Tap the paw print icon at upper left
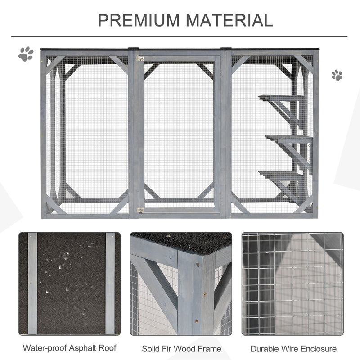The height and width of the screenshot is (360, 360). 26,54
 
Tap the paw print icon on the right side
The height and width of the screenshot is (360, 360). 337,75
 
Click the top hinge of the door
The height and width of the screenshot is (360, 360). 140,58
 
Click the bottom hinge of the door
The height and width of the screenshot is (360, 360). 140,210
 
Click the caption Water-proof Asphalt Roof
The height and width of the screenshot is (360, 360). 69,348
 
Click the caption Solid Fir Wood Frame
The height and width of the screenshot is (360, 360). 181,348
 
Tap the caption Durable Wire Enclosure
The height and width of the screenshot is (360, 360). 293,348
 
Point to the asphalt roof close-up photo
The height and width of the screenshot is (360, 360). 69,283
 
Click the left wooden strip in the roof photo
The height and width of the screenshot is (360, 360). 32,283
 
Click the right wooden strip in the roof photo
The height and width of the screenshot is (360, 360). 110,283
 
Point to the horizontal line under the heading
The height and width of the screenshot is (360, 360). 180,36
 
